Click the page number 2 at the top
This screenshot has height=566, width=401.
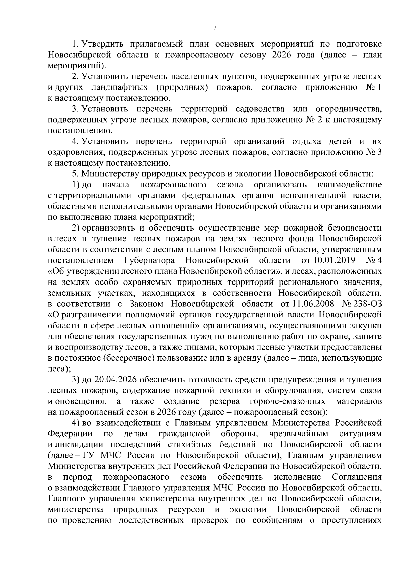tap(215, 28)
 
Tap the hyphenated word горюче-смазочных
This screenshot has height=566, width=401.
tap(287, 401)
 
